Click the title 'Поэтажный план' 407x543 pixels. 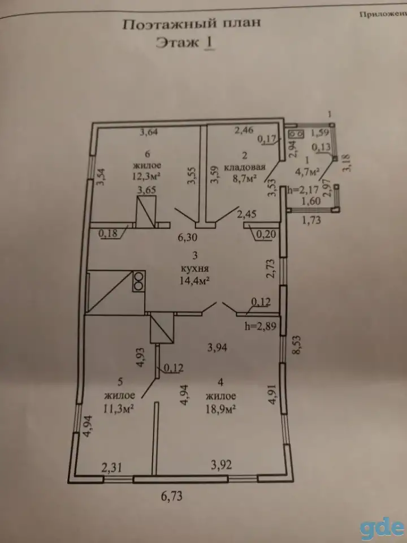point(191,24)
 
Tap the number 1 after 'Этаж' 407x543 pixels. point(209,43)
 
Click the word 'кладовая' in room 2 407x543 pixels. point(245,167)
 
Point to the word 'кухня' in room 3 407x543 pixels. point(195,269)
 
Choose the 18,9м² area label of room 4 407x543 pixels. point(220,409)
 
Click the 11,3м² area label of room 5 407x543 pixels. point(119,408)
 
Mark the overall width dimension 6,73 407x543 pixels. point(172,497)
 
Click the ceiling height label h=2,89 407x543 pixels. point(260,326)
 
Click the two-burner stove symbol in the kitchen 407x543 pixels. point(138,281)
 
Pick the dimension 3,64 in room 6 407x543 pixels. point(149,132)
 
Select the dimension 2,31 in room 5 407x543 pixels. point(111,468)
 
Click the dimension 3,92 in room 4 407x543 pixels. point(222,465)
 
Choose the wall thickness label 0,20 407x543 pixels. point(266,234)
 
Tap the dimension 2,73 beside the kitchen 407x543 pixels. point(271,268)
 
